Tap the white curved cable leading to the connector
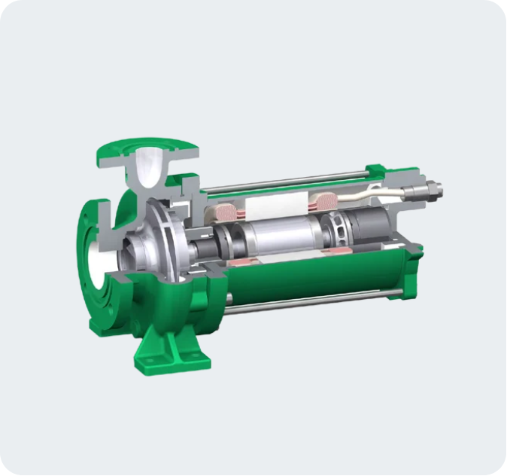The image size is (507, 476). click(x=376, y=194)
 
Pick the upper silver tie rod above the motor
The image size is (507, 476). click(x=286, y=181)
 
